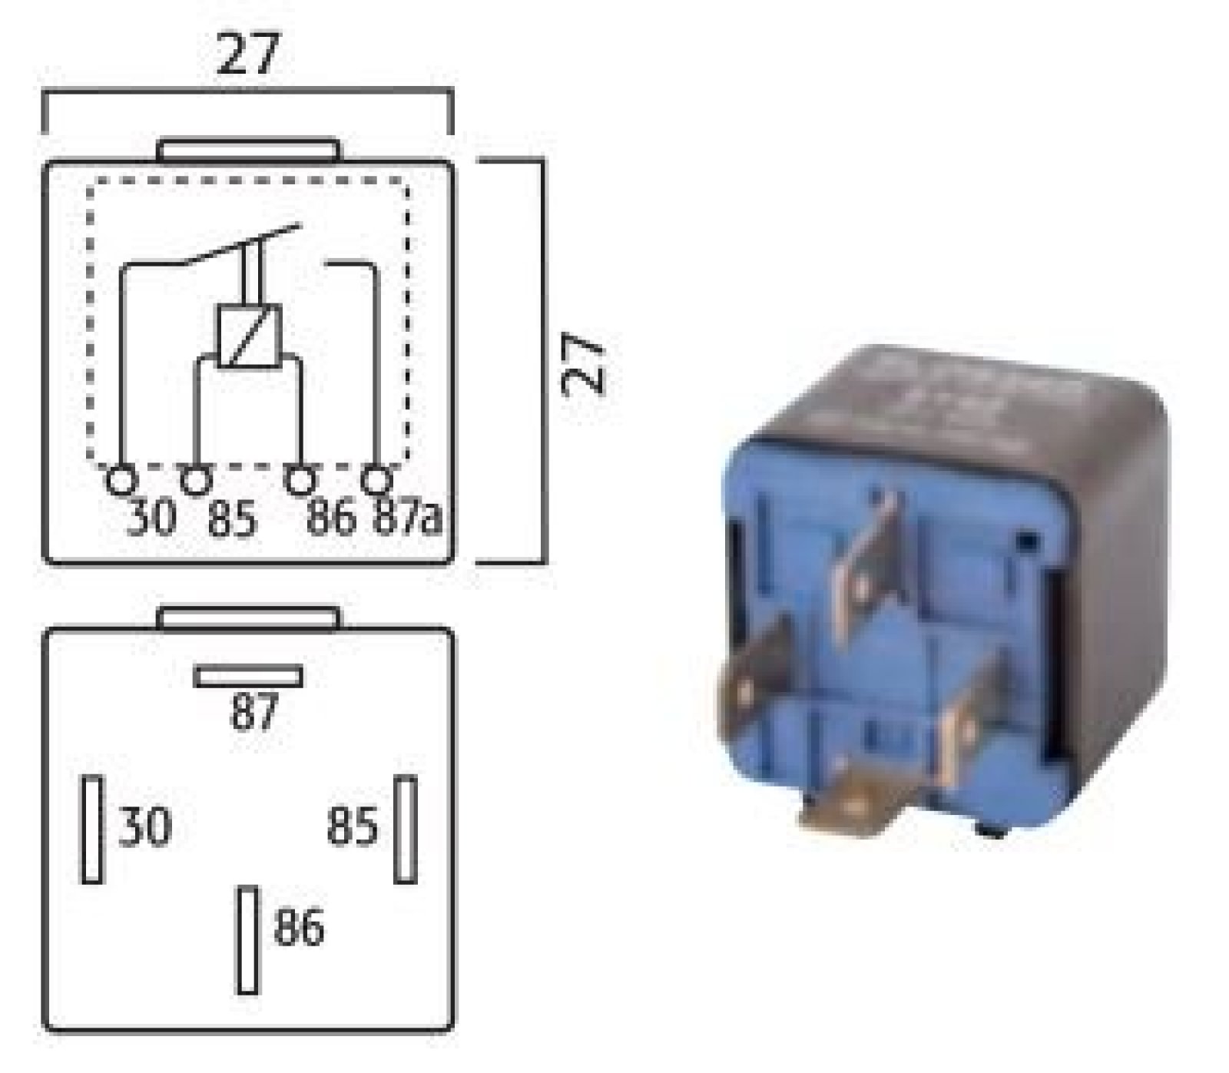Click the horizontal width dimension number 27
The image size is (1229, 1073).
(x=248, y=54)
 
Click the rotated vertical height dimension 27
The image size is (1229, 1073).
(x=584, y=363)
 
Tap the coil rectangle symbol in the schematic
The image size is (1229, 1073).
(x=249, y=336)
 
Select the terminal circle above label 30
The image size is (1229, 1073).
(x=121, y=481)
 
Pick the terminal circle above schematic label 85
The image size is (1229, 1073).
(x=196, y=481)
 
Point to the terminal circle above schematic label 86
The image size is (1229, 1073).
(x=300, y=481)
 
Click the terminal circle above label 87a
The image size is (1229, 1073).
(x=376, y=481)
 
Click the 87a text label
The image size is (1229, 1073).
(x=407, y=518)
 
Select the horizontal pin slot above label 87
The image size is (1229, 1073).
(x=248, y=677)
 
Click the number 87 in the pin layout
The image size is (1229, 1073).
(x=253, y=712)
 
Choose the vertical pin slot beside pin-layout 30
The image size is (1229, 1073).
(x=92, y=830)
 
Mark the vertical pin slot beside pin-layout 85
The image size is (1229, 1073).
(x=406, y=830)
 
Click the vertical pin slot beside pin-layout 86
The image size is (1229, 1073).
(x=247, y=939)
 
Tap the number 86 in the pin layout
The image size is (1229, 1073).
(x=299, y=927)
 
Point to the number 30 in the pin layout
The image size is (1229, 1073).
(x=144, y=827)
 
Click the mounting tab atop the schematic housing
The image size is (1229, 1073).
(x=248, y=150)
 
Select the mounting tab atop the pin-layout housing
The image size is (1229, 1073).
(x=248, y=618)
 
